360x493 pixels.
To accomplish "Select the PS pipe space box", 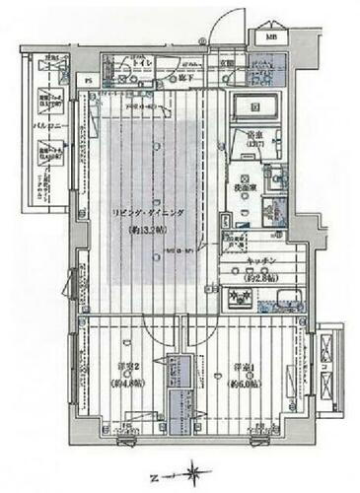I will pos(87,82).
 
